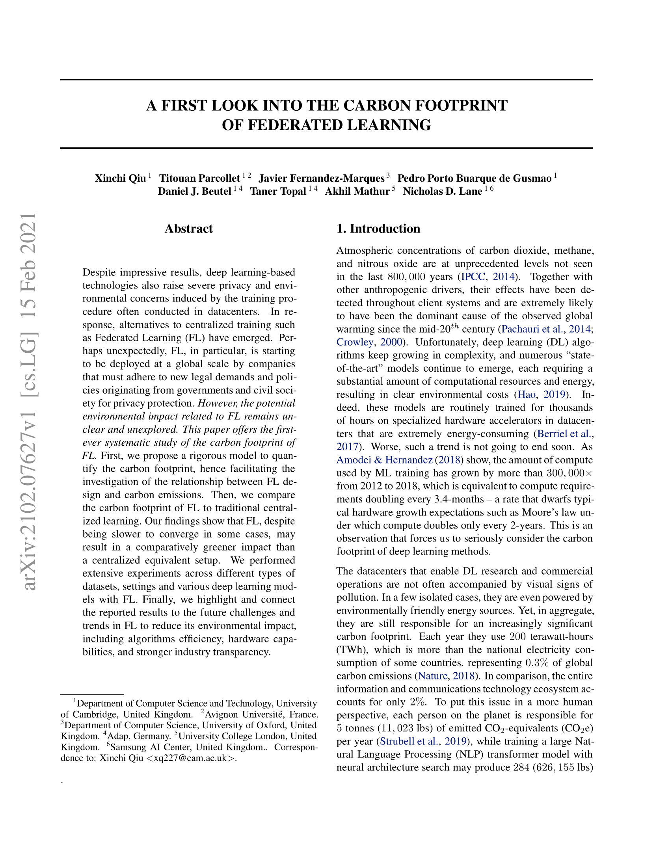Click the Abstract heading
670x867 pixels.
pos(188,229)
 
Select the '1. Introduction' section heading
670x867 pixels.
pos(378,229)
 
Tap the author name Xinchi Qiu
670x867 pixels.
pos(120,178)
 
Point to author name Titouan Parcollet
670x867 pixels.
pos(199,178)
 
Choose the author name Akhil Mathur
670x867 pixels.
pos(357,192)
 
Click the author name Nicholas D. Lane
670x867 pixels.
pos(442,192)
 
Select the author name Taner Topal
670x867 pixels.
pos(278,192)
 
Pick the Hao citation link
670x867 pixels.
pos(527,394)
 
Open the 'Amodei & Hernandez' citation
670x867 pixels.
pos(384,460)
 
